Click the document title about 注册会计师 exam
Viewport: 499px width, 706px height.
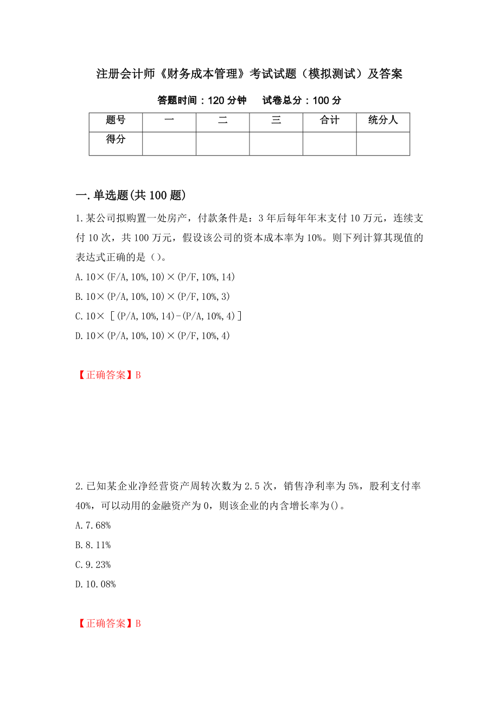tap(249, 74)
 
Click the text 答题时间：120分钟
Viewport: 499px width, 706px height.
tap(202, 100)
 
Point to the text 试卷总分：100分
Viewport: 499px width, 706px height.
tap(302, 100)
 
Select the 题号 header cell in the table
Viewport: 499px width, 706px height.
tap(116, 120)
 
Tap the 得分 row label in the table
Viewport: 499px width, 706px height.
tap(116, 140)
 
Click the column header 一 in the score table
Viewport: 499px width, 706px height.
tap(169, 120)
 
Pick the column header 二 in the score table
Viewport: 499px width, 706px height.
tap(222, 120)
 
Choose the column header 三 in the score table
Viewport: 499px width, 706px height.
tap(276, 120)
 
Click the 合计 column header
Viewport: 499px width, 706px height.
tap(329, 120)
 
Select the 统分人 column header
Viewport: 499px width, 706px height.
tap(383, 120)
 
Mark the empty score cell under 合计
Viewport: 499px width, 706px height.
tap(329, 144)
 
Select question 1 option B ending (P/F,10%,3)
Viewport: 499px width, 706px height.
tap(152, 297)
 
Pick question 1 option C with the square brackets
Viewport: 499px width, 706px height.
tap(158, 316)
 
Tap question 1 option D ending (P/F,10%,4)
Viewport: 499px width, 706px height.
tap(152, 336)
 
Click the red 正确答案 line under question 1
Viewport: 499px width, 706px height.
tap(108, 375)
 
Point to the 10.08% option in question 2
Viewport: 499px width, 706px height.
tap(96, 584)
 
